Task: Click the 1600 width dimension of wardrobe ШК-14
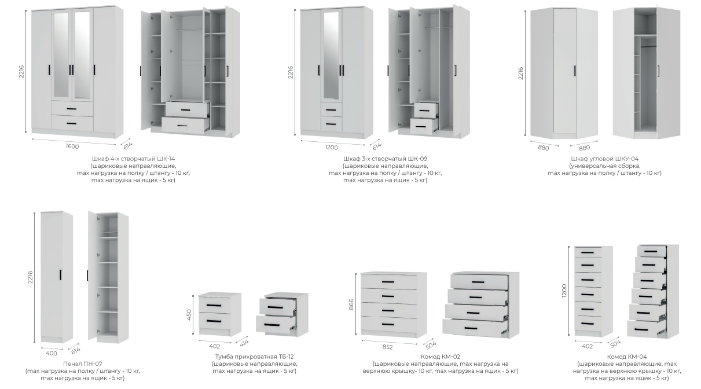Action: tap(72, 146)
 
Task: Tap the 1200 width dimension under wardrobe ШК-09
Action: tap(332, 148)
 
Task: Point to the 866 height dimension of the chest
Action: tap(351, 304)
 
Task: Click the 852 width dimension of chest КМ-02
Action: tap(387, 347)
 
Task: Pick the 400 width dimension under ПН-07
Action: tap(52, 353)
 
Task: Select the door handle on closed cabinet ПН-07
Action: tap(60, 274)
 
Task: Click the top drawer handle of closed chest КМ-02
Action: tap(388, 282)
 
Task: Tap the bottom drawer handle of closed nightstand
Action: tap(214, 321)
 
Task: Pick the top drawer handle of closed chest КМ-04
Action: tap(588, 252)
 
